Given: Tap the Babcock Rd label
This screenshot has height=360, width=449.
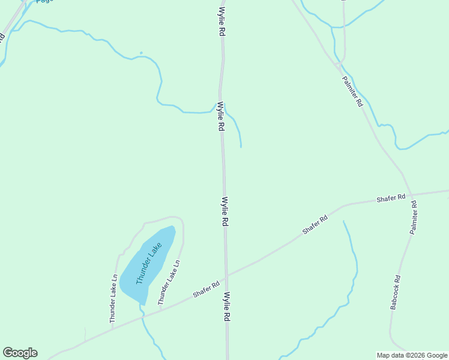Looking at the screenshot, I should coord(394,292).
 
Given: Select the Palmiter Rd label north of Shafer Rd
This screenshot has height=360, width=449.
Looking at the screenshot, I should coord(352,91).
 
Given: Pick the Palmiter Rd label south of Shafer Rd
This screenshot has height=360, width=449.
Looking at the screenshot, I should coord(414,217).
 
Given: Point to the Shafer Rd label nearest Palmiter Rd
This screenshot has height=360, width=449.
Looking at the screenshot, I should coord(391,198).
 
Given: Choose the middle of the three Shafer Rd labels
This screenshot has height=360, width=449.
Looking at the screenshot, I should coord(315,224).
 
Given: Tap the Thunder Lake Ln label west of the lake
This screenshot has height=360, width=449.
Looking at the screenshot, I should coord(113,299).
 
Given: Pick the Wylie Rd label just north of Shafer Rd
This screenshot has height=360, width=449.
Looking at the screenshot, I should coord(225,211).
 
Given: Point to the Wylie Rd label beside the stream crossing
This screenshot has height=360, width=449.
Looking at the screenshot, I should coord(221,116).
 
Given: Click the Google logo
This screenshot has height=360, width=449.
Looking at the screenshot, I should coord(20,353).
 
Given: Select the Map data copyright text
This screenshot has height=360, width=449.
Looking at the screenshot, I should coord(412,355).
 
